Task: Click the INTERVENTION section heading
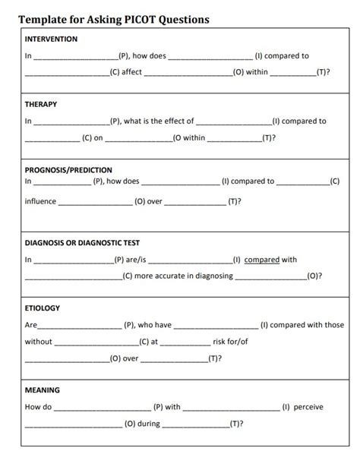[52, 39]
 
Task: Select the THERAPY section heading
[41, 104]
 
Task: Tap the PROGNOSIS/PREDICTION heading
[69, 170]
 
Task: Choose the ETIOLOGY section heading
[43, 308]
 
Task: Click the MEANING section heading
[43, 390]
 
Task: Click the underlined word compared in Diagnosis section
[262, 260]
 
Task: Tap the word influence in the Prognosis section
[40, 202]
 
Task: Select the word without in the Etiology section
[39, 342]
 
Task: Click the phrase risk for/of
[231, 342]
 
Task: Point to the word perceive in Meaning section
[308, 407]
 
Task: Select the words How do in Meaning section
[38, 407]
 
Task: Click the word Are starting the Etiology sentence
[31, 325]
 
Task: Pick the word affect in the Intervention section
[131, 72]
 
